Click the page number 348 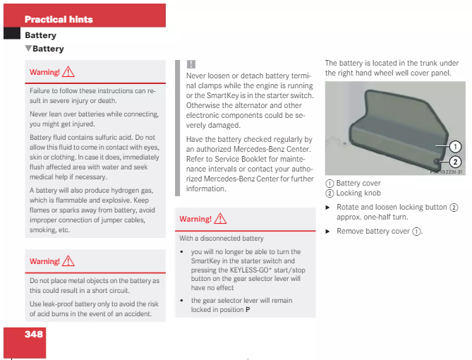pos(34,334)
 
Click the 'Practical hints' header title pos(59,19)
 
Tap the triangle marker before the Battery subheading pos(28,49)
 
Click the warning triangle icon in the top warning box pos(68,72)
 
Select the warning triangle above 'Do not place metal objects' pos(68,260)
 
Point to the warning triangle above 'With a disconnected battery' pos(220,219)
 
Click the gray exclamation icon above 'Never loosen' pos(190,64)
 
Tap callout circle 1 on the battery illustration pos(455,147)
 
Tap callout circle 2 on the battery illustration pos(455,162)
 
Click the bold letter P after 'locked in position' pos(248,309)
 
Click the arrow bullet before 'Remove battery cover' pos(328,231)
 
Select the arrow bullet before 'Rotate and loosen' pos(328,208)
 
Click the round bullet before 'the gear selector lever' pos(182,300)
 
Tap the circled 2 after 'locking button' pos(454,208)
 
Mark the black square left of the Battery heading pos(12,34)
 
